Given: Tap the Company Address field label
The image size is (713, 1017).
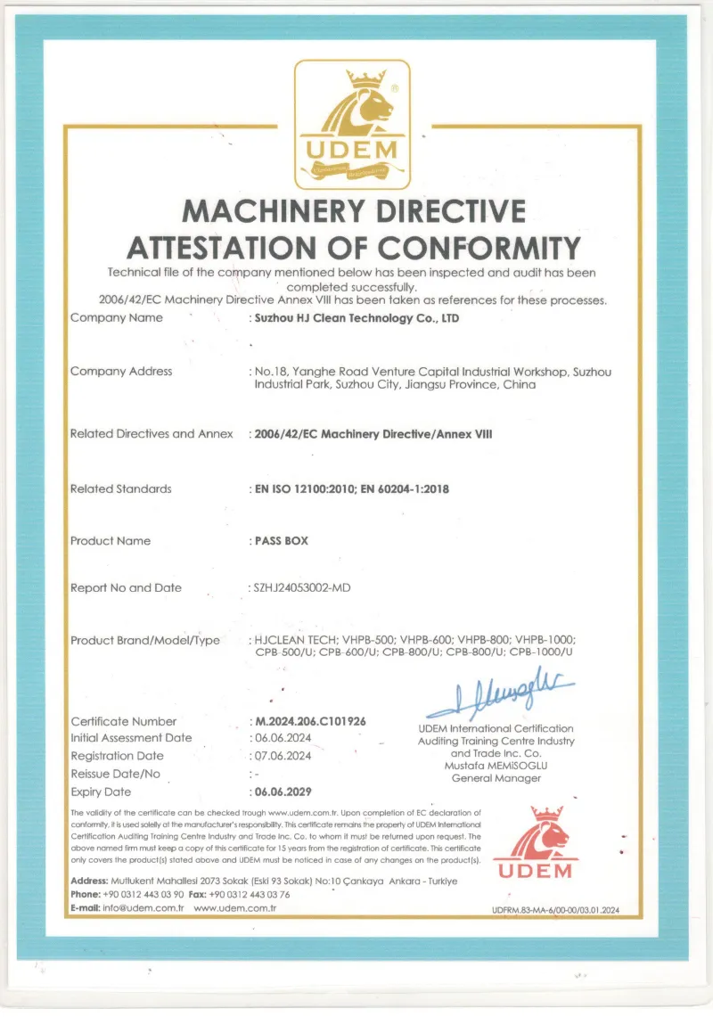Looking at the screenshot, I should pyautogui.click(x=121, y=372).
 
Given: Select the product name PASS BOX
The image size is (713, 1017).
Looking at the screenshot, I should pyautogui.click(x=278, y=541).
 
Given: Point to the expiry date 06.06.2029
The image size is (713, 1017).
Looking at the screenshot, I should pyautogui.click(x=283, y=791).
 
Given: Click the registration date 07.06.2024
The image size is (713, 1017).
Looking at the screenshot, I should pyautogui.click(x=283, y=756).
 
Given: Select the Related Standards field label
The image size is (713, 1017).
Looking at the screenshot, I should pyautogui.click(x=121, y=488).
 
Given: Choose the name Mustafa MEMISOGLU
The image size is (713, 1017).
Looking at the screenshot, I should pyautogui.click(x=496, y=766).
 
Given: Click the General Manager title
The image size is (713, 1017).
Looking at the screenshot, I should pyautogui.click(x=496, y=778).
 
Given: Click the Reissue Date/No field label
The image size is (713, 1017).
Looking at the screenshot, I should pyautogui.click(x=116, y=774).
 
